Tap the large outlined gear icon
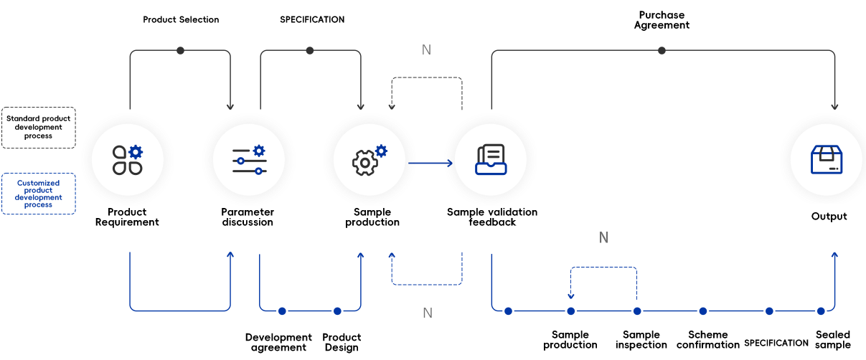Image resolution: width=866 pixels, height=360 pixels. click(365, 163)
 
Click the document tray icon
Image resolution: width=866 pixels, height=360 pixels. click(491, 159)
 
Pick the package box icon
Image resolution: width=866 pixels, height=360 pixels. click(826, 159)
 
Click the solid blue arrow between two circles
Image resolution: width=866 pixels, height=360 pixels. click(430, 164)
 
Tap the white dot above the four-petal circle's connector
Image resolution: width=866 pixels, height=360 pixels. click(180, 50)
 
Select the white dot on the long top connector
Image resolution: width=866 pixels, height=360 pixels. click(662, 50)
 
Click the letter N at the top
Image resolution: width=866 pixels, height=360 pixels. click(426, 50)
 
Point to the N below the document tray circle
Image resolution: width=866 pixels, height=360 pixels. click(603, 237)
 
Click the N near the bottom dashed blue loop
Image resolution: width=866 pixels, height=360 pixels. click(427, 313)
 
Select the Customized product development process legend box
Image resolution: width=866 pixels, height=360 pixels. click(39, 194)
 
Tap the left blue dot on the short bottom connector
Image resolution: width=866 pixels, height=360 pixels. click(282, 311)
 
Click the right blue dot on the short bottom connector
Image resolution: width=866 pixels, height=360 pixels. click(337, 311)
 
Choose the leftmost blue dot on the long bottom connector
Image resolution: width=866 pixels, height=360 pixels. click(508, 311)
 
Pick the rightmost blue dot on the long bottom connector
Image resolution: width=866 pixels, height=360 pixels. click(822, 311)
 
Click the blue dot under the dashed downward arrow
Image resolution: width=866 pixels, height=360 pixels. click(571, 311)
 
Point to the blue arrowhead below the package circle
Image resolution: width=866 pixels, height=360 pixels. click(834, 255)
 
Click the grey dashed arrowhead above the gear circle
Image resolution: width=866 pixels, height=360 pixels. click(391, 107)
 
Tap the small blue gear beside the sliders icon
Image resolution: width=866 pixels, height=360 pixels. click(259, 151)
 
